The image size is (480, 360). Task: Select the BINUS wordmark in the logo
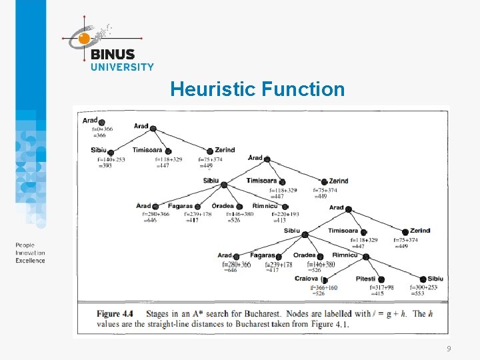pyautogui.click(x=113, y=55)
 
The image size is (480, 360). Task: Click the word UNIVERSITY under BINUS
pyautogui.click(x=122, y=67)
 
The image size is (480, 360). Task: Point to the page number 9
pyautogui.click(x=449, y=349)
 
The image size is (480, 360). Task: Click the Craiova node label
pyautogui.click(x=307, y=279)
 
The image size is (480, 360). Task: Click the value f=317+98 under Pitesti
pyautogui.click(x=381, y=287)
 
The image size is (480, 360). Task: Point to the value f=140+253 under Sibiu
pyautogui.click(x=111, y=159)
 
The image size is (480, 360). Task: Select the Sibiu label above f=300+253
pyautogui.click(x=435, y=279)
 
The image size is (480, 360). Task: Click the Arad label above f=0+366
pyautogui.click(x=90, y=121)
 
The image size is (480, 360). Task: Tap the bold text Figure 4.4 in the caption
pyautogui.click(x=115, y=313)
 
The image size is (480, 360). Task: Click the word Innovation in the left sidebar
pyautogui.click(x=31, y=253)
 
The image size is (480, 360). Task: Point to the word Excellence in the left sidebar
pyautogui.click(x=31, y=261)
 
